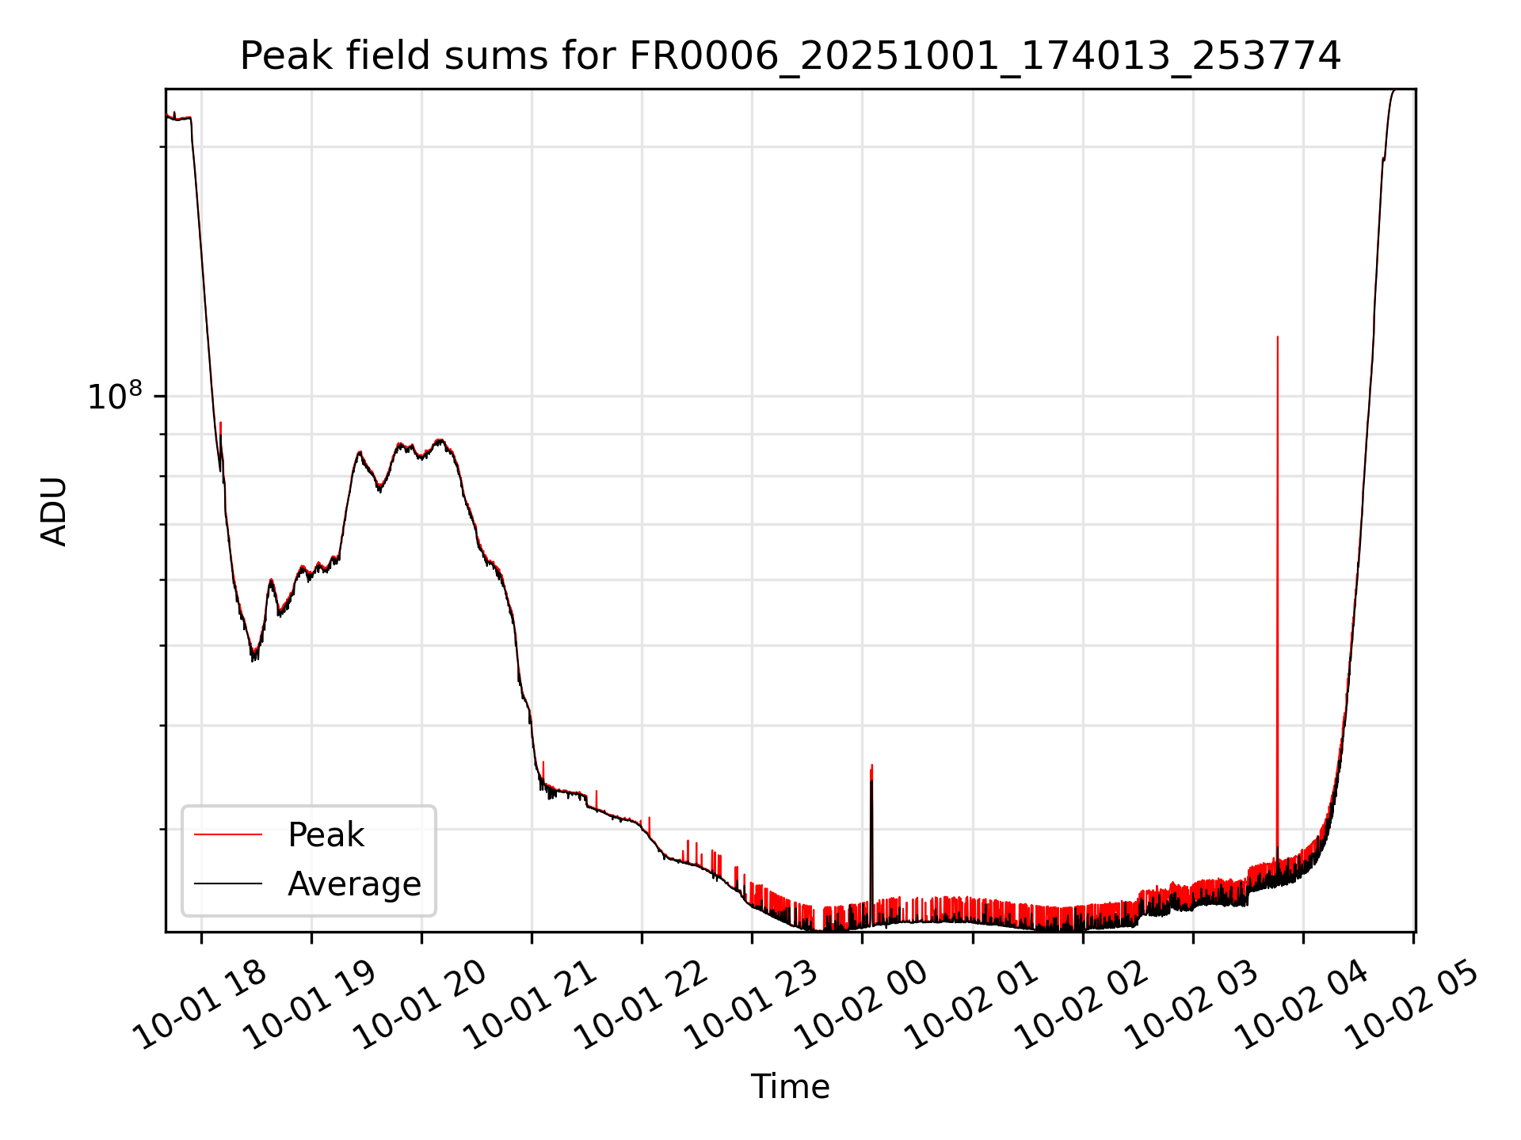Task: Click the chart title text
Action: [x=790, y=56]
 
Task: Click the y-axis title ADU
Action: [x=54, y=511]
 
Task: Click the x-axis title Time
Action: [x=790, y=1087]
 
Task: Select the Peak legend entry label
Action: [x=326, y=835]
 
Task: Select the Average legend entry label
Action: [x=354, y=884]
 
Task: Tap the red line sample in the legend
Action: [x=228, y=834]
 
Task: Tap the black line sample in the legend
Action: [x=228, y=883]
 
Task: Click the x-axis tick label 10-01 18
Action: [x=201, y=1005]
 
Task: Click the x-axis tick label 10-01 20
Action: [x=421, y=1005]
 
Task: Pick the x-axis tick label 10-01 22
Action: [x=642, y=1005]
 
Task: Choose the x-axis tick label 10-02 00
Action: [x=862, y=1005]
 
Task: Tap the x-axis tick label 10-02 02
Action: [x=1083, y=1005]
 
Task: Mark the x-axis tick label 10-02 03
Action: [x=1193, y=1005]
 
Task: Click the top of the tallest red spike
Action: [x=1277, y=338]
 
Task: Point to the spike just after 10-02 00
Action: [x=871, y=766]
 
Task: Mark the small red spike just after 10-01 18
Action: [x=220, y=424]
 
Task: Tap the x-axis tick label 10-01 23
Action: [x=752, y=1005]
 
